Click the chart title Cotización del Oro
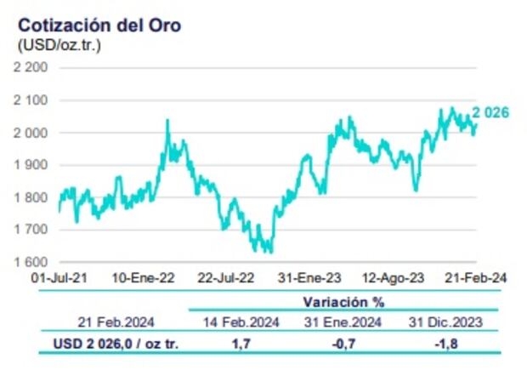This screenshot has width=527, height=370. (x=99, y=26)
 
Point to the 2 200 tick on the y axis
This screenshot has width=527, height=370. (x=31, y=68)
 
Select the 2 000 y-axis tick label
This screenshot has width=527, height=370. (x=31, y=133)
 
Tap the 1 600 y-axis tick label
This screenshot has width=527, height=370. (x=31, y=262)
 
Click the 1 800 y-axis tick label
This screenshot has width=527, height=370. (x=31, y=197)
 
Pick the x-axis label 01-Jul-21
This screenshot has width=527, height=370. (x=59, y=277)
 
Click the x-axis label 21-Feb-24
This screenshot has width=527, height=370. (x=477, y=277)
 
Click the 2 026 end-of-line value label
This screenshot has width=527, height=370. (x=491, y=111)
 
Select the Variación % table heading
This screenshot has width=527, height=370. (x=343, y=302)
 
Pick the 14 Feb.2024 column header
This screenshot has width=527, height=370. (x=240, y=322)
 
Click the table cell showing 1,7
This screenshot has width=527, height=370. (x=240, y=343)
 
